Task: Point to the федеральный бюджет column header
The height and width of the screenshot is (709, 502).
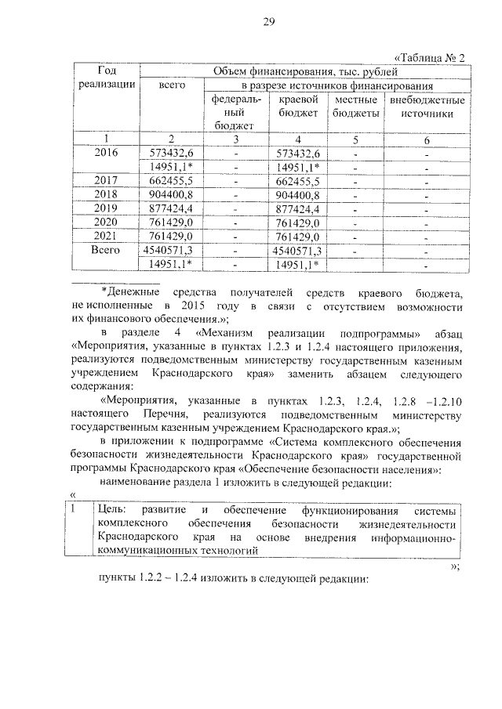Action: coord(233,112)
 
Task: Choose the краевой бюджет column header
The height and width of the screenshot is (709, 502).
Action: coord(297,107)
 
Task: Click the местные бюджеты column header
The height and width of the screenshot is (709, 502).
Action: coord(356,107)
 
